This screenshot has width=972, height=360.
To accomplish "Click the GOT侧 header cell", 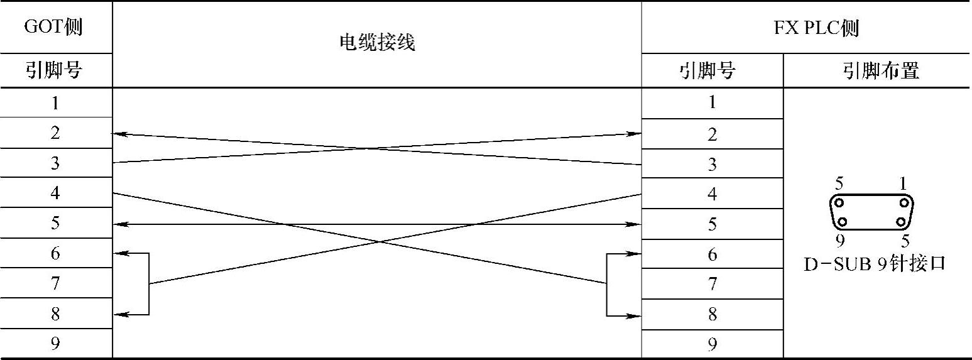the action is point(53,27).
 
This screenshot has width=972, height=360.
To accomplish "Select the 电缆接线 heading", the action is point(377,43).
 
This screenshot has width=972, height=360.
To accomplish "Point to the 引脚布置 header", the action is point(880,71).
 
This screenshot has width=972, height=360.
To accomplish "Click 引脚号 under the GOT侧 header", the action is point(53,71).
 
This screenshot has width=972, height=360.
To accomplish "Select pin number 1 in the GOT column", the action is point(55,102).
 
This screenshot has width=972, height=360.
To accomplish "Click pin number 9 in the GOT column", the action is point(55,344).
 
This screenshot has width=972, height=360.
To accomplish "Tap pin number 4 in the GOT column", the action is point(55,193).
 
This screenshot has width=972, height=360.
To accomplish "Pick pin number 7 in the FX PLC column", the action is point(712,284).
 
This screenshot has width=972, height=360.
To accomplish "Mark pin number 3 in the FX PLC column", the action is point(712,165).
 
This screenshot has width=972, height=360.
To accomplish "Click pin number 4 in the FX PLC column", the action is point(712,194).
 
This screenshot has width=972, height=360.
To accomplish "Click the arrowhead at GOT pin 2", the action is point(117,134).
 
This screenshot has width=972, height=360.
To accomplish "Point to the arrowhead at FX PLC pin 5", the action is point(636,224).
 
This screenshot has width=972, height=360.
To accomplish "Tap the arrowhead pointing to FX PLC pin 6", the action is point(636,254).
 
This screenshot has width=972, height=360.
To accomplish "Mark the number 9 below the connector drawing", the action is point(840,241).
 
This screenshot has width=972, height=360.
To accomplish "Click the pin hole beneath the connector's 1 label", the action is point(904,203).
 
